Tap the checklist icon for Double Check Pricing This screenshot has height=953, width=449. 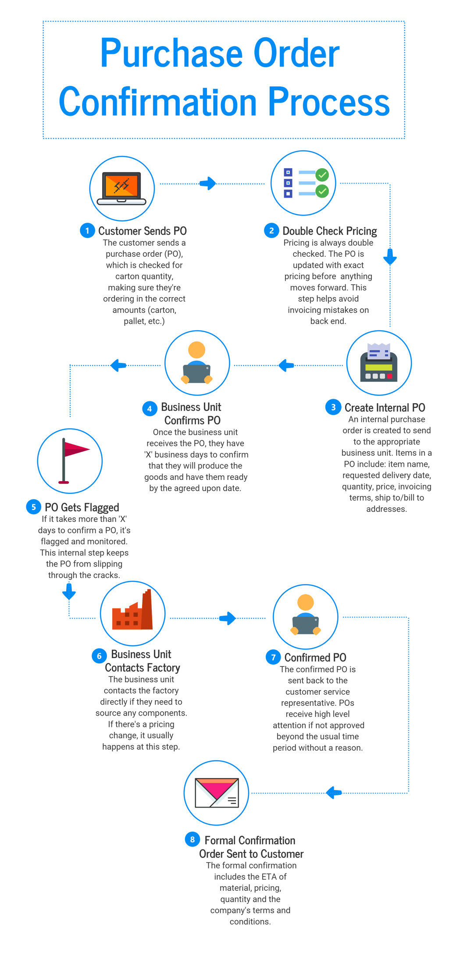pos(306,183)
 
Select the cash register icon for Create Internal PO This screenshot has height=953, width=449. pos(379,363)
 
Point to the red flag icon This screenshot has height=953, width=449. pos(74,461)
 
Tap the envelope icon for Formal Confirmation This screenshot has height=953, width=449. pos(217,793)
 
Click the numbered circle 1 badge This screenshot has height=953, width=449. pos(87,230)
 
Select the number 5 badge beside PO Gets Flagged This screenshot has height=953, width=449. pos(33,507)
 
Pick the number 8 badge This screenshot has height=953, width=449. pos(192,840)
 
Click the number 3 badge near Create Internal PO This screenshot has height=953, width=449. pos(333,407)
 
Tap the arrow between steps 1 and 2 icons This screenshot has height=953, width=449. pos(208,183)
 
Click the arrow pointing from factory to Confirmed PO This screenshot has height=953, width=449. pos(228,618)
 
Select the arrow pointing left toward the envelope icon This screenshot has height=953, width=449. pos(334,793)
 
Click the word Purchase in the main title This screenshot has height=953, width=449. pos(171,53)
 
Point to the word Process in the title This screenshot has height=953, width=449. pos(329,101)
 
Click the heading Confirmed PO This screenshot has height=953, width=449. pos(315,657)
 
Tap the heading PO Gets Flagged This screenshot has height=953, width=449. pos(82,507)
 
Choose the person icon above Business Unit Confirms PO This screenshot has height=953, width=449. pos(197,362)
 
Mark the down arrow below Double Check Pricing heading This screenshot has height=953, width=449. pos(390,257)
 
